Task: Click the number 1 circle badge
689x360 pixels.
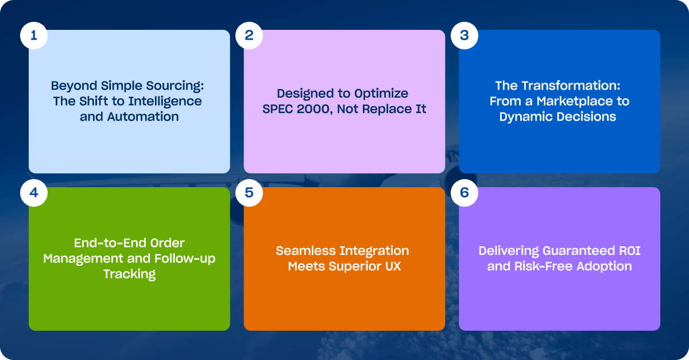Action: [34, 36]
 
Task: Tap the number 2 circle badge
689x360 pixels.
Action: [249, 36]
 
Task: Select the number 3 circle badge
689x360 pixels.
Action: [465, 36]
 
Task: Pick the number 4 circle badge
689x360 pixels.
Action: [34, 193]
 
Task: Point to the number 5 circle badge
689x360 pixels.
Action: [249, 193]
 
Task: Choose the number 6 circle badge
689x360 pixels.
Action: [465, 193]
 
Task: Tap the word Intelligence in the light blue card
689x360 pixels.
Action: [165, 102]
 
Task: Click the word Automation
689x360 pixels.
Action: [143, 117]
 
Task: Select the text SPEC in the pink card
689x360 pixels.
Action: [277, 109]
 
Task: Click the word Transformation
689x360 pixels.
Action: [568, 86]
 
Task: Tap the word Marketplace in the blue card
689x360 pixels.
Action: [575, 102]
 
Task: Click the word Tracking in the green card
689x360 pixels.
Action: [130, 274]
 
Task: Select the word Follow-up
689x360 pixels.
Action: [185, 259]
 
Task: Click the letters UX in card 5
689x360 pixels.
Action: [393, 266]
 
